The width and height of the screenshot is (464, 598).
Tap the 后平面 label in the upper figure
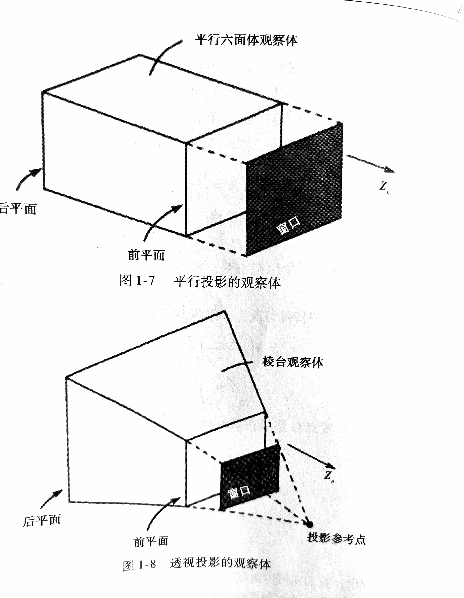pyautogui.click(x=18, y=209)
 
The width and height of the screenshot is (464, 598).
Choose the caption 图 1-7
pyautogui.click(x=137, y=281)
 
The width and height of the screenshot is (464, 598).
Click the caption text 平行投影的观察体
pyautogui.click(x=227, y=282)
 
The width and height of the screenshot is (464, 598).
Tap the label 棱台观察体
pyautogui.click(x=292, y=362)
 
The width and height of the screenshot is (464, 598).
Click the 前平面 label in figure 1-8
pyautogui.click(x=151, y=541)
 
